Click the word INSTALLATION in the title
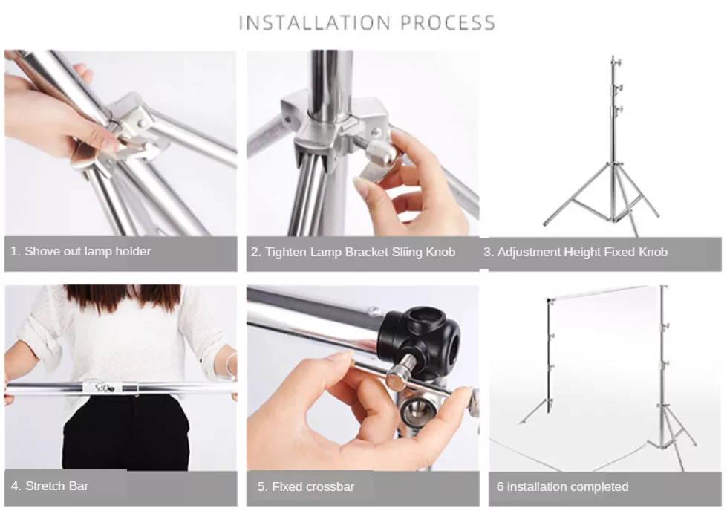click(315, 23)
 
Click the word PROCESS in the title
click(448, 23)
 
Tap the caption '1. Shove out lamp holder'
click(80, 251)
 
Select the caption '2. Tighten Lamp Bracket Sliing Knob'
click(353, 252)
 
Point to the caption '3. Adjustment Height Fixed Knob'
click(576, 252)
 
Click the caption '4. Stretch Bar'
click(50, 486)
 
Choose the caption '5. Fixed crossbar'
click(306, 486)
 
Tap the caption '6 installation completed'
click(562, 486)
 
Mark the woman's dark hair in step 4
click(123, 297)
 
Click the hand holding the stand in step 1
click(52, 111)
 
